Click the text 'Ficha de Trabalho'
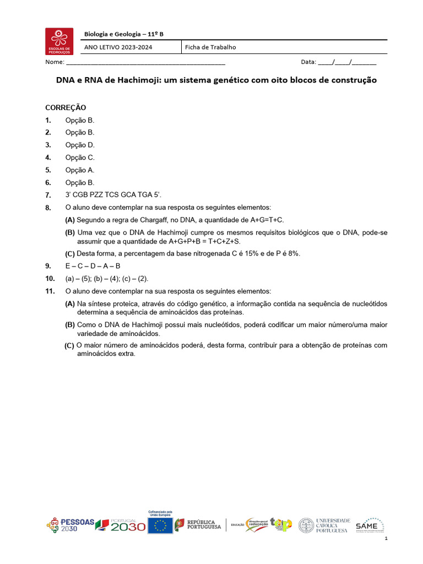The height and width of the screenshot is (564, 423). tap(210, 47)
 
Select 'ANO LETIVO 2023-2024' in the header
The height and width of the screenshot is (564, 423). tap(118, 47)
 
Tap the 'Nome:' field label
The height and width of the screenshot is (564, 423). tap(55, 62)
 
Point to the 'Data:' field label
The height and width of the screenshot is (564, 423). tap(308, 62)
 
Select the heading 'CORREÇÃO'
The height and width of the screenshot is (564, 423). tap(66, 107)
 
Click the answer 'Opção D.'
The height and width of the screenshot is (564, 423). tap(80, 145)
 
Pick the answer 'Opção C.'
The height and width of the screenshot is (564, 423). tap(80, 158)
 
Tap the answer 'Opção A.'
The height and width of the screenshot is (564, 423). tap(80, 170)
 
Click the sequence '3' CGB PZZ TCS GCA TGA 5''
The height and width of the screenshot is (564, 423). tap(113, 195)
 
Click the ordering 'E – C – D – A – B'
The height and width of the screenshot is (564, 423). tap(93, 266)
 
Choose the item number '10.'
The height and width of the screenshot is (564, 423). tap(50, 279)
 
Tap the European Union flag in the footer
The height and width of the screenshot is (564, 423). tap(161, 525)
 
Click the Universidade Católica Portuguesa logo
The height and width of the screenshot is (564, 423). tap(324, 525)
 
